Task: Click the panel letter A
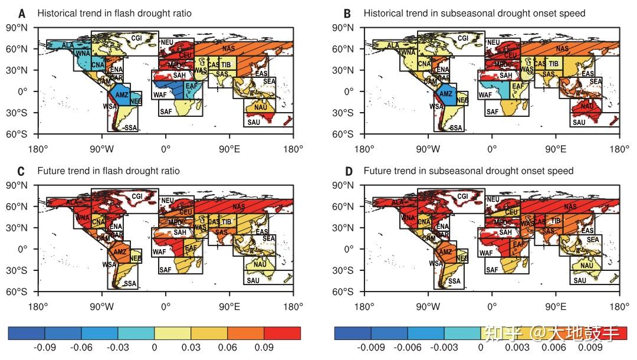point(22,13)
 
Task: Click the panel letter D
point(349,171)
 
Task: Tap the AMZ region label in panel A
point(122,94)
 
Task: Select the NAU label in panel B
point(587,106)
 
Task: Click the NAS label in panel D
point(570,207)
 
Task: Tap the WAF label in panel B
point(485,94)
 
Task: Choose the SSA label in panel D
point(454,282)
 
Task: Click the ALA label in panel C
point(71,202)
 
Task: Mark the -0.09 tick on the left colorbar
point(45,348)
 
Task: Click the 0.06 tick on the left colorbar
point(227,348)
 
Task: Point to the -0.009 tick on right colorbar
point(371,348)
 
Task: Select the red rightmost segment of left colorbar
point(282,333)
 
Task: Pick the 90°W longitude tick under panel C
point(101,306)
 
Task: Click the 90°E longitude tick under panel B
point(556,148)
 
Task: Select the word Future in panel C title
point(50,171)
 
